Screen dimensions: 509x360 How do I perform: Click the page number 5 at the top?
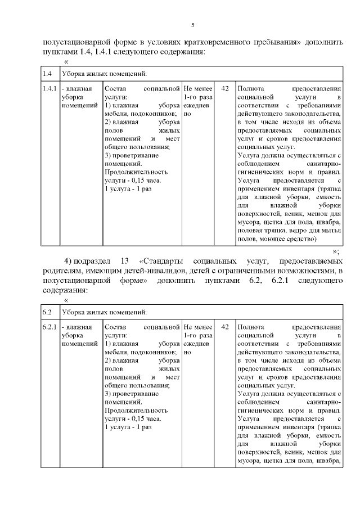(x=192, y=25)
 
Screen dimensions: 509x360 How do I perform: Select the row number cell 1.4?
(x=47, y=74)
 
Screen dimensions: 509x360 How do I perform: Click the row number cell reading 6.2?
(x=47, y=312)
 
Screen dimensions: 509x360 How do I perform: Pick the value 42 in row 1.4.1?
(x=225, y=89)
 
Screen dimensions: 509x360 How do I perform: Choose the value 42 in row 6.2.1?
(x=225, y=327)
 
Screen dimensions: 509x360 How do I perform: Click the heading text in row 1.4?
(x=105, y=74)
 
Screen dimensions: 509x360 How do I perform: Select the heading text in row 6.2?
(x=105, y=312)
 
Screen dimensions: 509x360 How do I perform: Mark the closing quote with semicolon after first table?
(x=336, y=251)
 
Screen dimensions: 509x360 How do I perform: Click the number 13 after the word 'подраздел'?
(x=125, y=262)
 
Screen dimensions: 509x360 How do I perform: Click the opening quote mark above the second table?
(x=67, y=301)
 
